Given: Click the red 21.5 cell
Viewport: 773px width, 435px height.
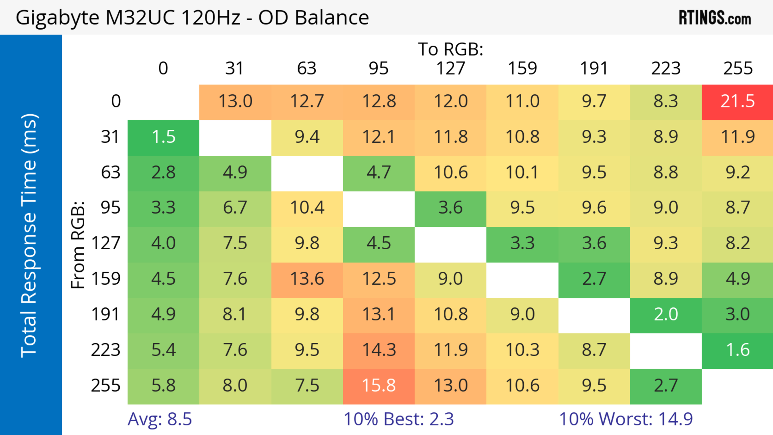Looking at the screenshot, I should (x=737, y=101).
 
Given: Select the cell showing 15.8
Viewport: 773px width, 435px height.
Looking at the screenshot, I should (x=379, y=386).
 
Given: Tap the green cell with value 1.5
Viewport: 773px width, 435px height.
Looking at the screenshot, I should (x=163, y=137).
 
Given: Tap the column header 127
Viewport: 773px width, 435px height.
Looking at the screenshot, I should (x=451, y=68).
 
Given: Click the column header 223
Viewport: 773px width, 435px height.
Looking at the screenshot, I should (x=666, y=68).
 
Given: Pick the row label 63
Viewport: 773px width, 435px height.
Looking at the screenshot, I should (x=111, y=173).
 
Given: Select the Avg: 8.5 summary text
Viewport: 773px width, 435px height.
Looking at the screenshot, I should (x=160, y=419).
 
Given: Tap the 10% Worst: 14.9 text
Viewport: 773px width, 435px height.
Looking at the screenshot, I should (x=626, y=419).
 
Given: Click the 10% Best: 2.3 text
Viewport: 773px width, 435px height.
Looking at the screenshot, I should (x=399, y=419).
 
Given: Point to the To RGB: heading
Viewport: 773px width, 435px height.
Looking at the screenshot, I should (x=451, y=49).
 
